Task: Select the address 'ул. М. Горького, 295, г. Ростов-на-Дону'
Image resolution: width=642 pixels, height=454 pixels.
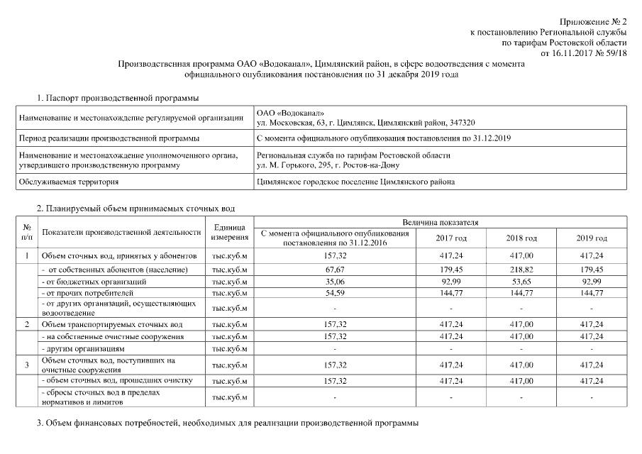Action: [328, 165]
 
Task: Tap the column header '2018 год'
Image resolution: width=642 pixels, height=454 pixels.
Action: [521, 238]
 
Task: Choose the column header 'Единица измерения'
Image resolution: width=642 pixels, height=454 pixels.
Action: [228, 233]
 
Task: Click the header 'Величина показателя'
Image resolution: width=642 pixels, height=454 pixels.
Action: [440, 223]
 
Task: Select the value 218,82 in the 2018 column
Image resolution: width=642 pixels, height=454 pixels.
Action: [521, 270]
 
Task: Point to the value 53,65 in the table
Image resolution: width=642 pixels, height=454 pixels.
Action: [521, 282]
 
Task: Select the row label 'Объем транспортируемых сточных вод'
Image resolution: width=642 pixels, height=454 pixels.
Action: [108, 323]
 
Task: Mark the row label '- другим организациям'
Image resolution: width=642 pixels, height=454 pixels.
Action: [84, 349]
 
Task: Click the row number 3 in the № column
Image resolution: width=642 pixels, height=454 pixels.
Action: [26, 365]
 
